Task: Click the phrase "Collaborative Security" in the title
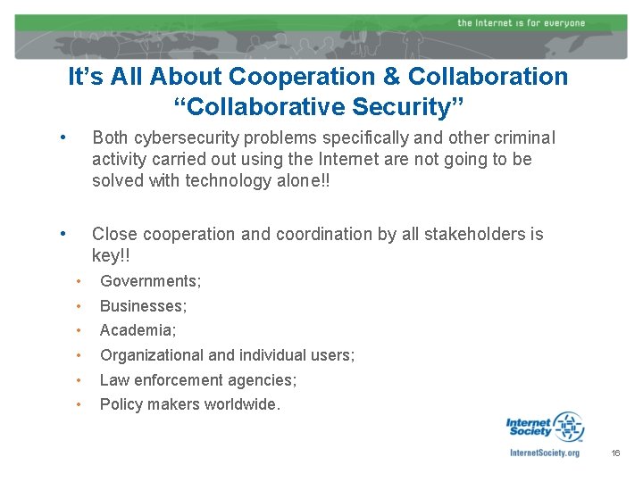318,107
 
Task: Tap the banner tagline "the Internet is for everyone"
521,22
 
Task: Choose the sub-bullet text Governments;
150,281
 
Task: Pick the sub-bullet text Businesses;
143,306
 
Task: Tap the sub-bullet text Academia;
138,330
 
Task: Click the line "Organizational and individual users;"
227,355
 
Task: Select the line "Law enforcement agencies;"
198,380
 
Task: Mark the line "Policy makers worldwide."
189,404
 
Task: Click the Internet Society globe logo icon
568,427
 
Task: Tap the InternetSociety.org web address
544,453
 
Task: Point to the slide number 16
615,454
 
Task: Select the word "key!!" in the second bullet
111,255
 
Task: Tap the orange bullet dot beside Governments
79,281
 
